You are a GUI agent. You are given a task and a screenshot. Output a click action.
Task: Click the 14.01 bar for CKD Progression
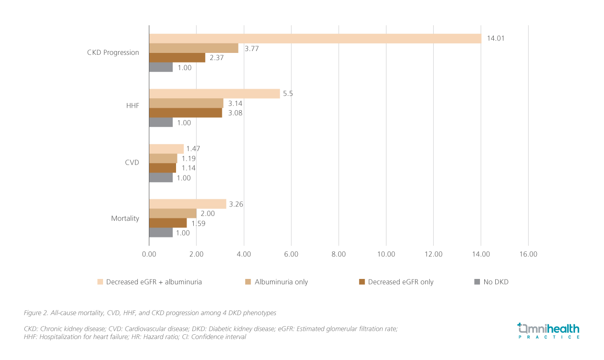pos(315,39)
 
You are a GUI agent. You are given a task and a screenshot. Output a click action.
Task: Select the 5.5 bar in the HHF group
pos(214,93)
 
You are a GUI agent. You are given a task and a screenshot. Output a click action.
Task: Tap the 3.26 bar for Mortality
pos(187,204)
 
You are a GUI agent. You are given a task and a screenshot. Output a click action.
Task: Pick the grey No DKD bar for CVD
pos(161,177)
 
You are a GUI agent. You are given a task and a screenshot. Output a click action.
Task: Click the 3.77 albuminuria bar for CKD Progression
pos(194,48)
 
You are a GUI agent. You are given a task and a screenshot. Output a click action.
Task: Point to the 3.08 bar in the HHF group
pos(186,113)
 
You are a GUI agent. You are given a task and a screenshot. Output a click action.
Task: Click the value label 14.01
pos(495,39)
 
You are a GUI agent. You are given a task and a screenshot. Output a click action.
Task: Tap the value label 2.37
pos(216,58)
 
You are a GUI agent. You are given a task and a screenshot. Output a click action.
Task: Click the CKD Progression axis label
pos(113,52)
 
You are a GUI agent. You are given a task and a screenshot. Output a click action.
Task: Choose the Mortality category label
pos(125,218)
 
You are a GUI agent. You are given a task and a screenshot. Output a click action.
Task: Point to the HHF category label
pos(133,105)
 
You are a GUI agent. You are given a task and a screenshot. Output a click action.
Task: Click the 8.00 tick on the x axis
pos(338,254)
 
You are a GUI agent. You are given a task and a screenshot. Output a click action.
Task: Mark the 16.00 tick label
pos(528,254)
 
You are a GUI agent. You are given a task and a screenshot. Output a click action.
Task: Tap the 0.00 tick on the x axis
pos(149,254)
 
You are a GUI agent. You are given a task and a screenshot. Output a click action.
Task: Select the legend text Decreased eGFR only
pos(400,282)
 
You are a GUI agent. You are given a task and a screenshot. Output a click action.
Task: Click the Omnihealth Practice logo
pos(548,330)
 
